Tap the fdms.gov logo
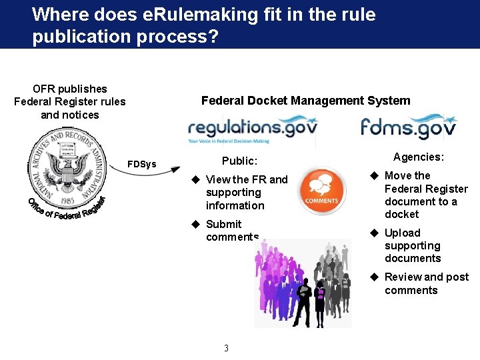coord(408,127)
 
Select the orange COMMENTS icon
coord(321,191)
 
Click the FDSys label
coord(142,164)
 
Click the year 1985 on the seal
coord(66,199)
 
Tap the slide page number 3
coord(227,348)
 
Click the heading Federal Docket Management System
coord(305,101)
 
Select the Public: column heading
coord(239,161)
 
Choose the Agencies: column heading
coord(419,157)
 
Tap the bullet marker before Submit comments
coord(196,224)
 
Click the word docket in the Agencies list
coord(402,214)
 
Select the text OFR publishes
coord(70,89)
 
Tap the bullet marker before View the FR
coord(196,179)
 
